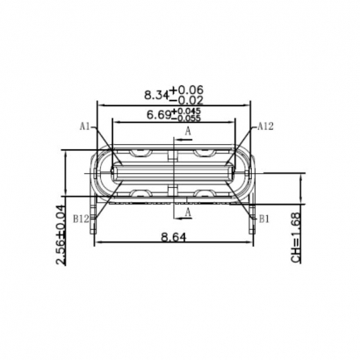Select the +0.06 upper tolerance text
pos(186,90)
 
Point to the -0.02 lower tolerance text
pos(186,100)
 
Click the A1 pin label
pos(85,126)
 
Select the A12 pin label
pos(266,126)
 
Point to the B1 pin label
pos(264,216)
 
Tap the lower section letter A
pos(188,212)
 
